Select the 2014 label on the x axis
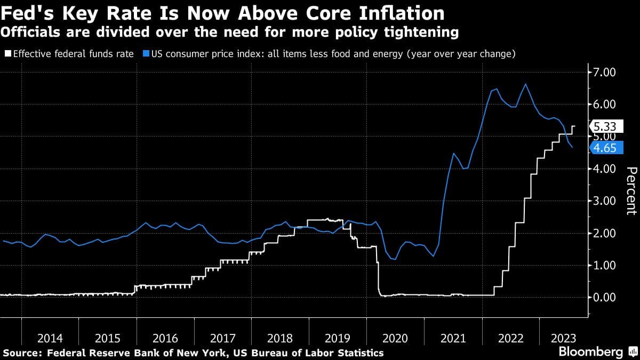click(x=50, y=338)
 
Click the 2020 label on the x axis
click(x=395, y=338)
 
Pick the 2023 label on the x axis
click(x=563, y=338)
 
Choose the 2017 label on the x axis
click(x=223, y=338)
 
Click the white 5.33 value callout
click(x=604, y=126)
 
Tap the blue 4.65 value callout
click(x=604, y=148)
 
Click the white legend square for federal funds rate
click(x=7, y=54)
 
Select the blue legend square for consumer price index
click(x=146, y=54)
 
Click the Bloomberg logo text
click(x=590, y=352)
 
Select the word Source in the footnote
click(x=22, y=353)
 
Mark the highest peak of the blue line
click(x=525, y=84)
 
